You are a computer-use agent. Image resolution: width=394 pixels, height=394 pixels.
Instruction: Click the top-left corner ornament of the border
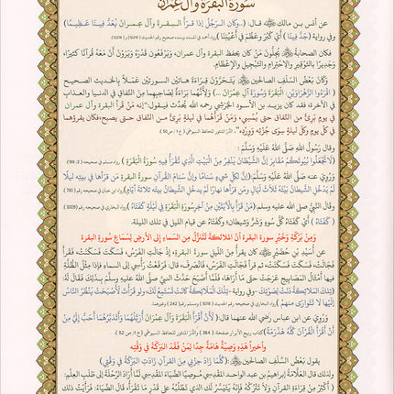tap(9, 9)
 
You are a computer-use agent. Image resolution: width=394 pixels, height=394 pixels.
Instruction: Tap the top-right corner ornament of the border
tap(385, 9)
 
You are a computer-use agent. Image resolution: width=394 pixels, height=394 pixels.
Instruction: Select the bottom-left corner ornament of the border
tap(9, 385)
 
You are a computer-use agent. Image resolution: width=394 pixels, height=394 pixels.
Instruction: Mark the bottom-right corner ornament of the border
tap(385, 385)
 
